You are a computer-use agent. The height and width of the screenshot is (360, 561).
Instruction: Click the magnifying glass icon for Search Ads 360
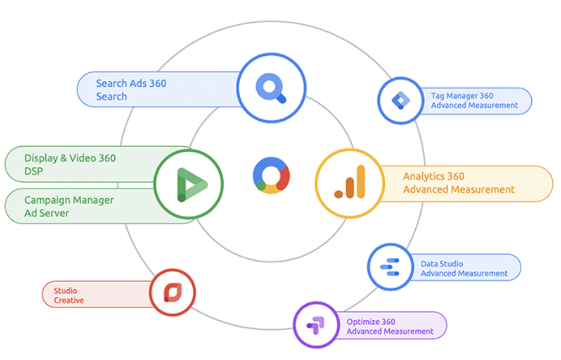click(271, 88)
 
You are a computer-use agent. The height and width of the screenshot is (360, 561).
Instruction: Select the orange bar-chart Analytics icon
click(350, 182)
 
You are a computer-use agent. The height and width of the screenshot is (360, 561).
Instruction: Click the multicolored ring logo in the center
click(271, 176)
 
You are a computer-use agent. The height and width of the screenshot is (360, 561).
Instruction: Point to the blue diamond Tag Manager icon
click(401, 100)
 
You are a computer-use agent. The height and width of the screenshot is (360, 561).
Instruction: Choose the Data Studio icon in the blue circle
click(390, 267)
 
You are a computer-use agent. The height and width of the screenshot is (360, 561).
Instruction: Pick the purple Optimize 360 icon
click(316, 325)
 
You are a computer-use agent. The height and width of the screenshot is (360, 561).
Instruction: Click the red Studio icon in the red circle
click(173, 293)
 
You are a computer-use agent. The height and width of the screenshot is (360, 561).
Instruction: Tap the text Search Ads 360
click(131, 83)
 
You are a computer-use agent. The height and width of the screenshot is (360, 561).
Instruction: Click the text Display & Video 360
click(70, 158)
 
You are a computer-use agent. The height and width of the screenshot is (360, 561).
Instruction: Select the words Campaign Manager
click(69, 200)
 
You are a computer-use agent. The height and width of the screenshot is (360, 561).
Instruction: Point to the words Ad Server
click(46, 213)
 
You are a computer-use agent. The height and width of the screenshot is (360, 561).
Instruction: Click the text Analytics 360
click(433, 177)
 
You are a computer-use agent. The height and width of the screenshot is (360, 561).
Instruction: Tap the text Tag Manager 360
click(462, 96)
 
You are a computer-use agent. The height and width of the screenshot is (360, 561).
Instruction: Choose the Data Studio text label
click(442, 264)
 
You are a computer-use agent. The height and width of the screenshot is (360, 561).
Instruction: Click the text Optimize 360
click(371, 322)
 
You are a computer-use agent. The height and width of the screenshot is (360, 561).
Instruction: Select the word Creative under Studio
click(68, 300)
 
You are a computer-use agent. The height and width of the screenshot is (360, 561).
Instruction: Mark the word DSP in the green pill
click(34, 171)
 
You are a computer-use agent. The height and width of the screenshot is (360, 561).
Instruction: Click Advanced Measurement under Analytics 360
click(459, 189)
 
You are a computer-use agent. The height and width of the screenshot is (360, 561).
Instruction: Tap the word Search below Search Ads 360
click(112, 97)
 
